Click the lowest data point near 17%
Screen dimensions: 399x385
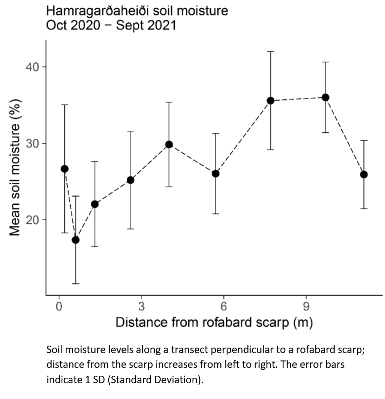tap(76, 240)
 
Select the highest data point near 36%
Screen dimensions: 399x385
tap(325, 97)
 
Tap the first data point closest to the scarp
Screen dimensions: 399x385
tap(64, 169)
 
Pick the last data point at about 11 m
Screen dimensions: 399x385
tap(364, 174)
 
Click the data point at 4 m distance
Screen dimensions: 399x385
tap(169, 144)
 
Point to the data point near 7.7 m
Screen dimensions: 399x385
tap(270, 101)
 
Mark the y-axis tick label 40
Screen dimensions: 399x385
tap(33, 67)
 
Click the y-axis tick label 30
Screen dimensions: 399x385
tap(33, 144)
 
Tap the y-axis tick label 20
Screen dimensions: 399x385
tap(33, 220)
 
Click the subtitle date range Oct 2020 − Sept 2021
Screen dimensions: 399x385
tap(111, 25)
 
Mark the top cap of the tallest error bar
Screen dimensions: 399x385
tap(270, 51)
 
